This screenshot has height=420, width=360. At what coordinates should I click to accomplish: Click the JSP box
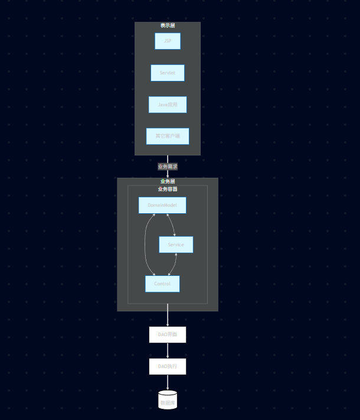click(168, 41)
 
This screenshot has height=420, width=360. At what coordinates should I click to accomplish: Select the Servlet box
click(168, 73)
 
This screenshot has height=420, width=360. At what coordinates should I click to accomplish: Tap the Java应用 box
click(168, 105)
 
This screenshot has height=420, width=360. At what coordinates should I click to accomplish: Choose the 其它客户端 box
click(168, 136)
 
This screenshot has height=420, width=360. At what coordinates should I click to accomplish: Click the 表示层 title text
click(168, 25)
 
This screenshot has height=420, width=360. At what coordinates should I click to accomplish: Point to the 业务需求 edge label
click(168, 167)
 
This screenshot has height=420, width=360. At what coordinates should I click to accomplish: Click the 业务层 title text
click(168, 181)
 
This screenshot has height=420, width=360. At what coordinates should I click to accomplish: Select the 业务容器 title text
click(168, 189)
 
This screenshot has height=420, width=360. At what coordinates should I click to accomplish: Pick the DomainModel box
click(162, 205)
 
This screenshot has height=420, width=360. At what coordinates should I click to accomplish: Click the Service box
click(176, 245)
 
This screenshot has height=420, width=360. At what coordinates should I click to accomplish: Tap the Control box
click(162, 284)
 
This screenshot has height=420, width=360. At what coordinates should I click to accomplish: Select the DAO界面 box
click(168, 334)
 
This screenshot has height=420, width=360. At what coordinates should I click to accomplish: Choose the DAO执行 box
click(168, 366)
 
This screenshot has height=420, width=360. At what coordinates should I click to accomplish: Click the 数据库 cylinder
click(168, 400)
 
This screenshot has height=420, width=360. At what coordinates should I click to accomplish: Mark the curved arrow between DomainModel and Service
click(171, 225)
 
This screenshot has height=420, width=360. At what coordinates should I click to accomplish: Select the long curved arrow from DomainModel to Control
click(145, 245)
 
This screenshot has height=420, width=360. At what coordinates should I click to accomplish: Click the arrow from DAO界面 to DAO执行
click(168, 350)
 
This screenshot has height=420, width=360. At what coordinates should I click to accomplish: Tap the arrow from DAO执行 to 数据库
click(168, 382)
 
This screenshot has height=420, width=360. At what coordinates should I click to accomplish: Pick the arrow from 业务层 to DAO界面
click(168, 318)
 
